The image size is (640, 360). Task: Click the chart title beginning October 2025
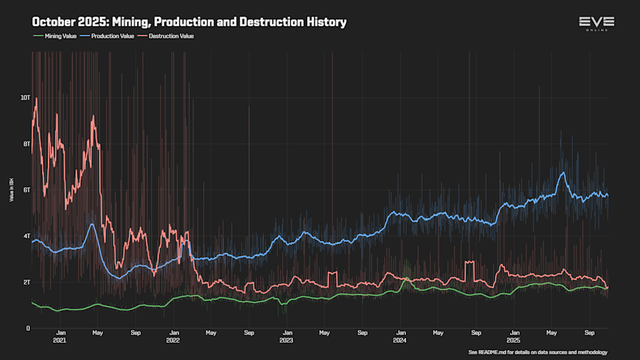tap(189, 22)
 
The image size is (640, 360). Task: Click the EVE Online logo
tap(596, 23)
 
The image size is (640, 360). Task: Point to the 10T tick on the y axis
tap(25, 97)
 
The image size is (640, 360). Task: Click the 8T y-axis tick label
tap(26, 144)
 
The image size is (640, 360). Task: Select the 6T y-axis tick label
tap(26, 190)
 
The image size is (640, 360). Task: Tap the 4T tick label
tap(26, 236)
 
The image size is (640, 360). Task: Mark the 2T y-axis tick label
tap(26, 282)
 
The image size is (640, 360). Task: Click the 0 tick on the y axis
tap(28, 328)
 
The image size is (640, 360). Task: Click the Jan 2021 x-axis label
tap(61, 337)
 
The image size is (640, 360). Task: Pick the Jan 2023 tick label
tap(287, 337)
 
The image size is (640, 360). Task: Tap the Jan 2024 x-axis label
tap(400, 337)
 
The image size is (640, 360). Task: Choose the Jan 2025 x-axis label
tap(513, 337)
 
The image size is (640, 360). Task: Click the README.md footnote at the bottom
tap(538, 352)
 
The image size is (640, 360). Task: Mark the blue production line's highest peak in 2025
tap(563, 172)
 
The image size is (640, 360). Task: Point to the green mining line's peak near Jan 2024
tap(405, 278)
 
